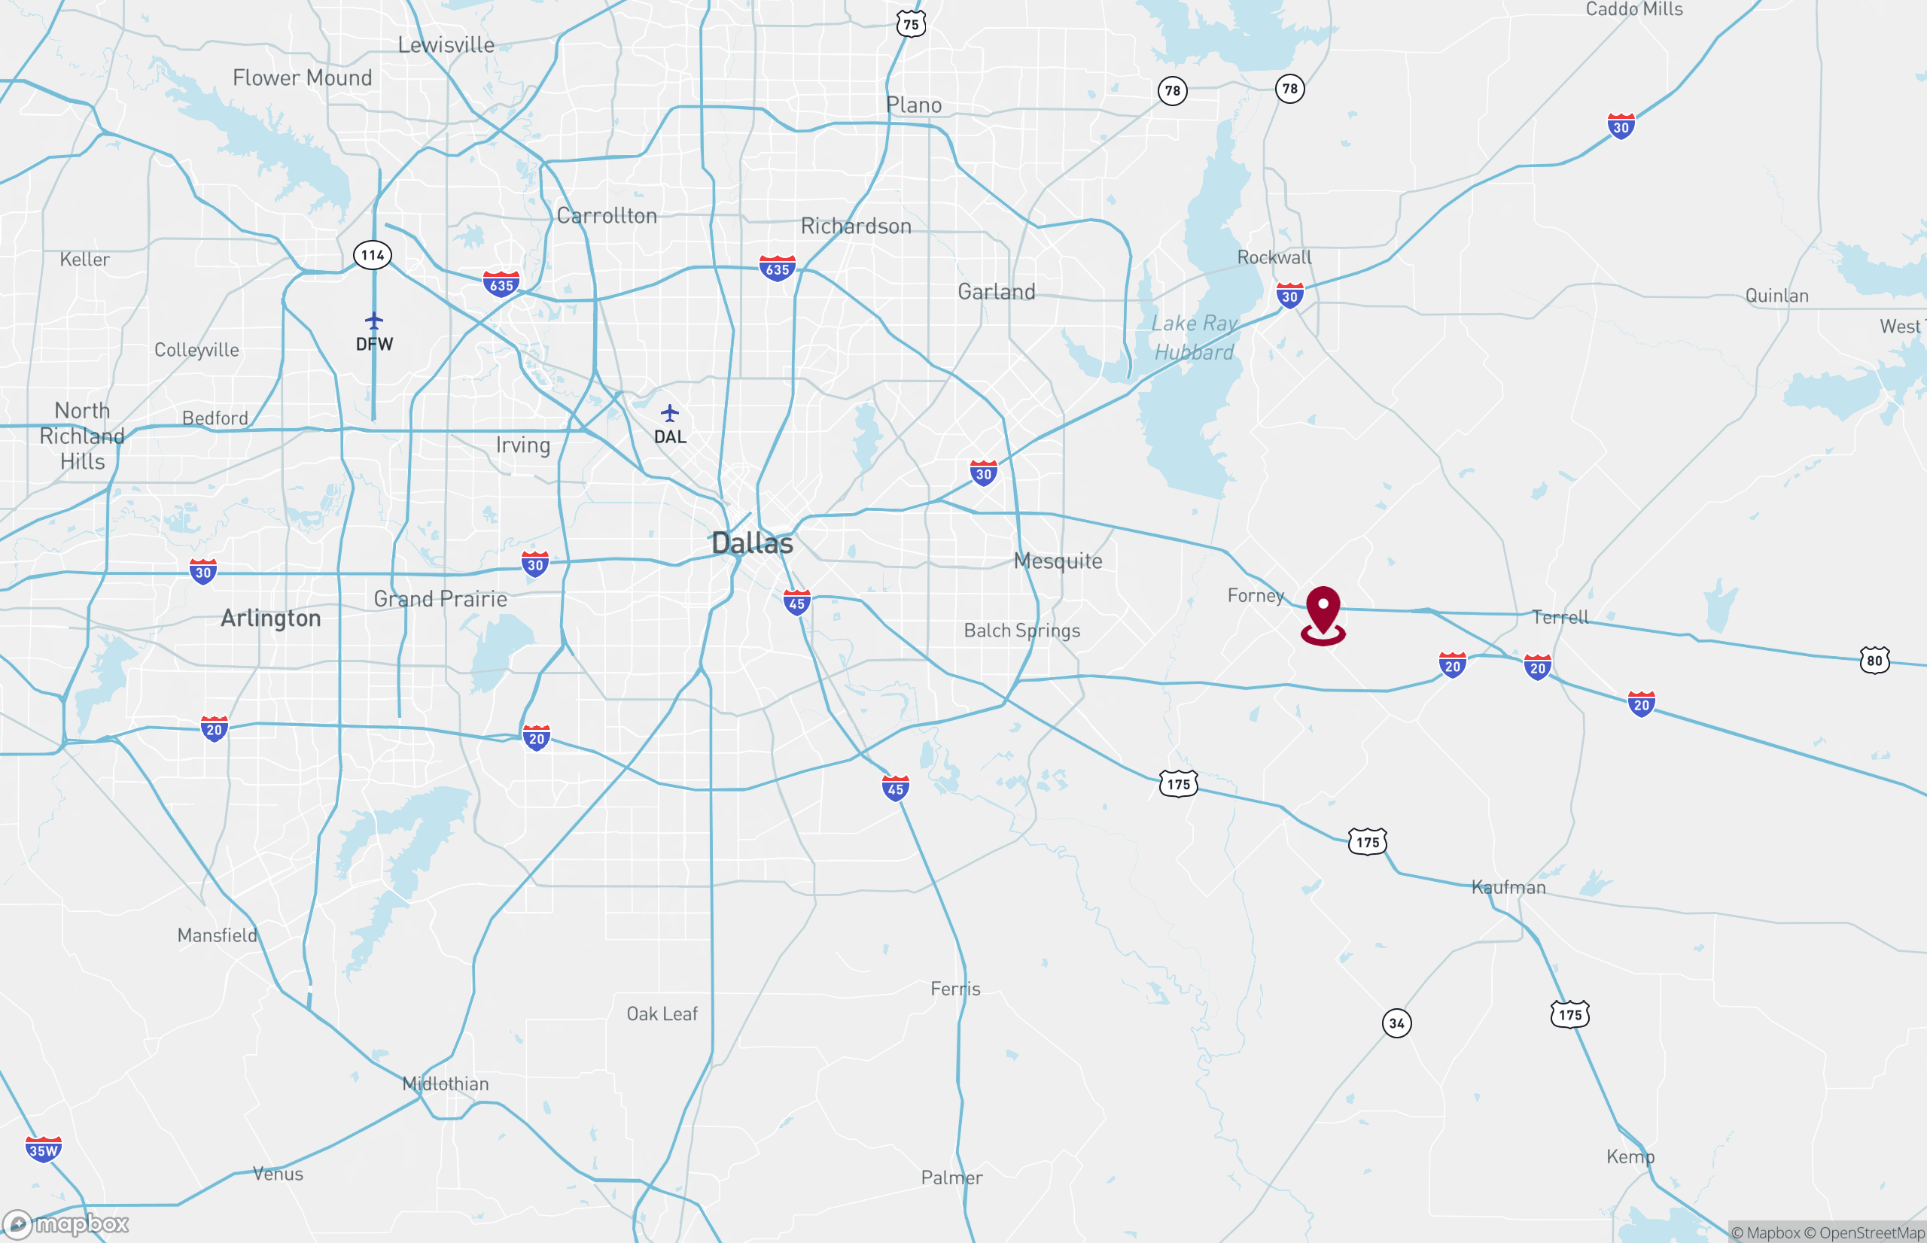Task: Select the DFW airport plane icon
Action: point(374,321)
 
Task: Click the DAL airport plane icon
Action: point(669,414)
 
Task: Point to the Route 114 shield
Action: point(372,255)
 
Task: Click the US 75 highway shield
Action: point(911,24)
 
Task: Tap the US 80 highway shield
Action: point(1874,660)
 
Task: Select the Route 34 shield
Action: point(1396,1023)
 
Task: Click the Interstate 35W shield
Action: point(43,1150)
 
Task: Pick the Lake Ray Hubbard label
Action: point(1194,337)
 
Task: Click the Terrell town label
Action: point(1560,618)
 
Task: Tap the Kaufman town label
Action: point(1508,887)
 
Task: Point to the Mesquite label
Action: point(1058,561)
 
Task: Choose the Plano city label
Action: point(913,105)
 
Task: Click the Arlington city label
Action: point(270,618)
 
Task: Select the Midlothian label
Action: point(446,1083)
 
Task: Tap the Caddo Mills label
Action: point(1634,10)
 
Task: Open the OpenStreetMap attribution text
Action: point(1864,1232)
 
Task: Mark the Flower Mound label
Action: point(302,77)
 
